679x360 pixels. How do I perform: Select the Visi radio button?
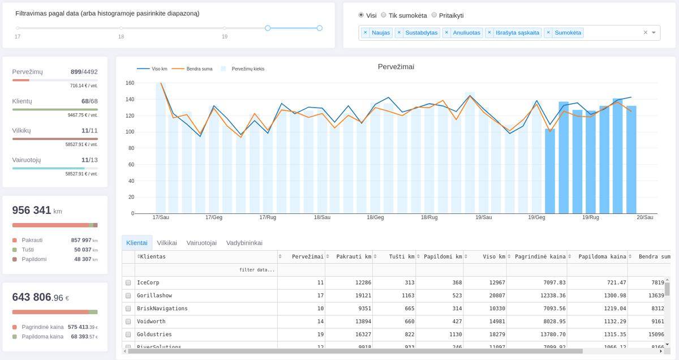361,15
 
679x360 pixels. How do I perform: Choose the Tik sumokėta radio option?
384,15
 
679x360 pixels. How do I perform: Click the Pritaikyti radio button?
434,15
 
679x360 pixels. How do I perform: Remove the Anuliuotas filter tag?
446,33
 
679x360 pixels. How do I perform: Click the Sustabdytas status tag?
421,33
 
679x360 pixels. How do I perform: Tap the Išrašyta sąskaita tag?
517,33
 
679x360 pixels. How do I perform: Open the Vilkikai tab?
167,243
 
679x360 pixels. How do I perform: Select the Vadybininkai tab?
244,243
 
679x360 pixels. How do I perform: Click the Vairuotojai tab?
201,243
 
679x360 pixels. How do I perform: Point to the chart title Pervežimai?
396,67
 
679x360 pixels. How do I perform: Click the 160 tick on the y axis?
130,83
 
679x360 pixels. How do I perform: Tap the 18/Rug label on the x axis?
429,217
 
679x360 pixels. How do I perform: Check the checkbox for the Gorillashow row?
128,295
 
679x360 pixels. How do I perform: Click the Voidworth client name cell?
151,322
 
